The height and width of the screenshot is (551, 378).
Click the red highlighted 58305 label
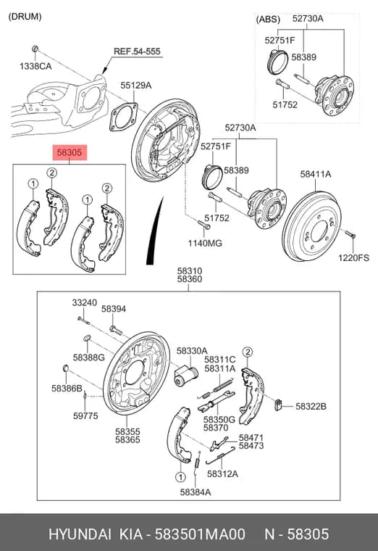tap(69, 152)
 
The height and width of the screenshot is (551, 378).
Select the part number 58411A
tap(315, 174)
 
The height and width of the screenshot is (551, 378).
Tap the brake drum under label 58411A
tap(311, 226)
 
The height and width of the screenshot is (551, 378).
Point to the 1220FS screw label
tap(353, 258)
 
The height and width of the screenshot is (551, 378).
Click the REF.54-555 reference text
tap(137, 51)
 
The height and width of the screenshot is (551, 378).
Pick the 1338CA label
tap(35, 66)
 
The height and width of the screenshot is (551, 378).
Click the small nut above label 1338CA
tap(35, 49)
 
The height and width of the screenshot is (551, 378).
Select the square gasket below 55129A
tap(123, 117)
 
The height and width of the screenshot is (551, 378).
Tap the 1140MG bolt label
tap(205, 243)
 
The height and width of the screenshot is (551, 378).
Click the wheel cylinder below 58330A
tap(186, 376)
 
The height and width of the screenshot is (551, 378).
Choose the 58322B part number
tap(311, 406)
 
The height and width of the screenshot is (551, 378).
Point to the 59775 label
tap(85, 415)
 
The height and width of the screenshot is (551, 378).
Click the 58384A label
tap(196, 492)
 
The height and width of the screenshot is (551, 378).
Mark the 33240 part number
tap(85, 302)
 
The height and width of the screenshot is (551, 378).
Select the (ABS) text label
tap(268, 20)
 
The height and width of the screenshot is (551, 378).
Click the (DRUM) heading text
tap(25, 17)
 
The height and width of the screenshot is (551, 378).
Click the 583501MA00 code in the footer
tap(200, 534)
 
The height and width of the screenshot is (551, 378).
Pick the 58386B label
tap(67, 389)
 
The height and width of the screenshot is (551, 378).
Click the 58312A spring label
tap(222, 473)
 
